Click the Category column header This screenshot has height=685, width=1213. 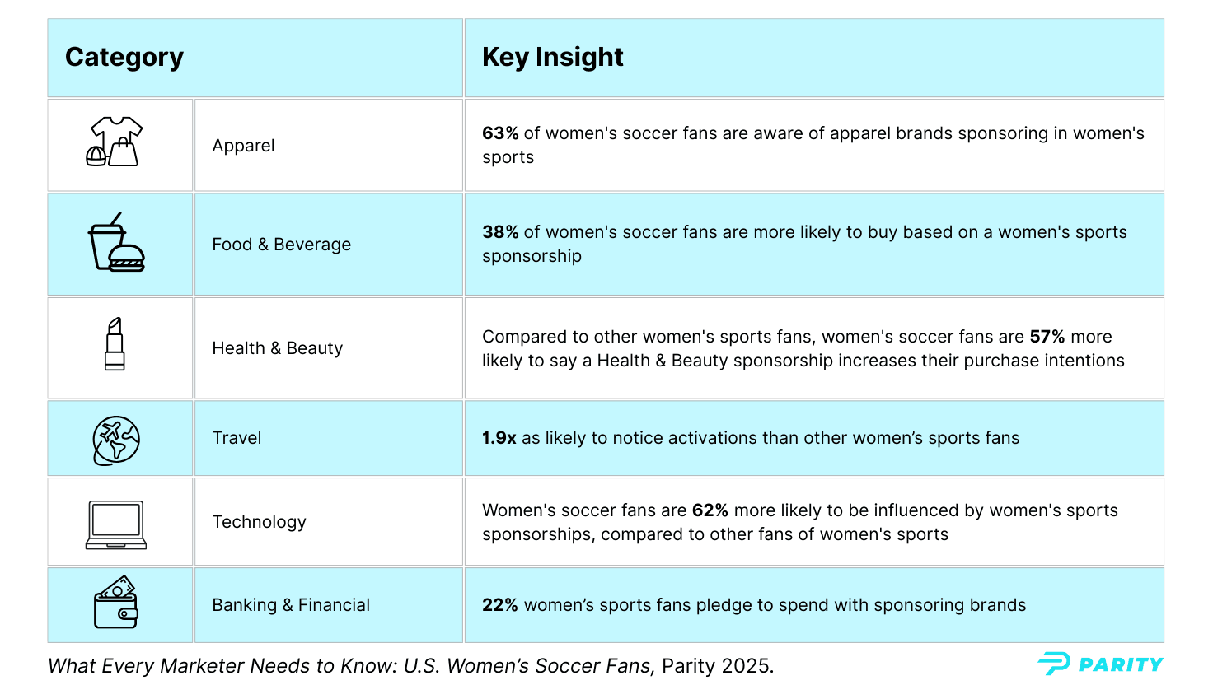click(x=124, y=57)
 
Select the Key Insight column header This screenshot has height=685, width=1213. click(x=552, y=57)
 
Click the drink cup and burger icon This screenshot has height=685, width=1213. click(x=116, y=243)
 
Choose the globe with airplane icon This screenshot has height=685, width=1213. click(x=116, y=440)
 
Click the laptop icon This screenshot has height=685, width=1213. click(x=116, y=524)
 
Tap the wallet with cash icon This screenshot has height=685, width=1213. click(x=116, y=603)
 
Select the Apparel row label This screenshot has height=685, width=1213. click(x=243, y=146)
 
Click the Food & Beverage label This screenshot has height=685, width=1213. click(x=281, y=245)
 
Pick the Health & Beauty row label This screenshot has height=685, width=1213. click(x=277, y=348)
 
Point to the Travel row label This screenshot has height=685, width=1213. click(x=237, y=438)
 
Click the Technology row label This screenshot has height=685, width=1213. click(x=259, y=522)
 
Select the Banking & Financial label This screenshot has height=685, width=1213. click(x=291, y=605)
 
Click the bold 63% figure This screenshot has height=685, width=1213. click(x=500, y=133)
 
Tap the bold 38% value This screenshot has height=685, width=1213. click(x=500, y=232)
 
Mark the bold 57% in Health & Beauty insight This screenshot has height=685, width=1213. click(x=1047, y=337)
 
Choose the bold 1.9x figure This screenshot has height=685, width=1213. click(x=499, y=438)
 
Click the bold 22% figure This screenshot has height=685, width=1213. click(x=499, y=605)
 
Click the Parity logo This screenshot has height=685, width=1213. click(x=1100, y=664)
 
